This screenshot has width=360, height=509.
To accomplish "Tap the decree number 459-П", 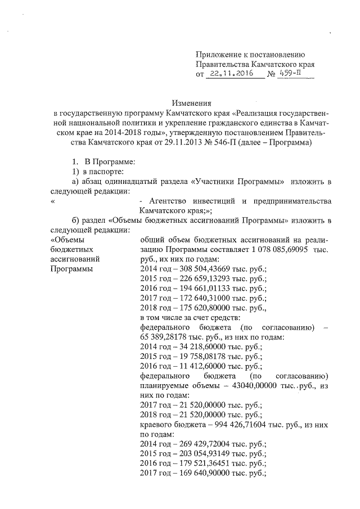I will [x=292, y=73].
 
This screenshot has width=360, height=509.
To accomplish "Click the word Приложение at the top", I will [x=217, y=54].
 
